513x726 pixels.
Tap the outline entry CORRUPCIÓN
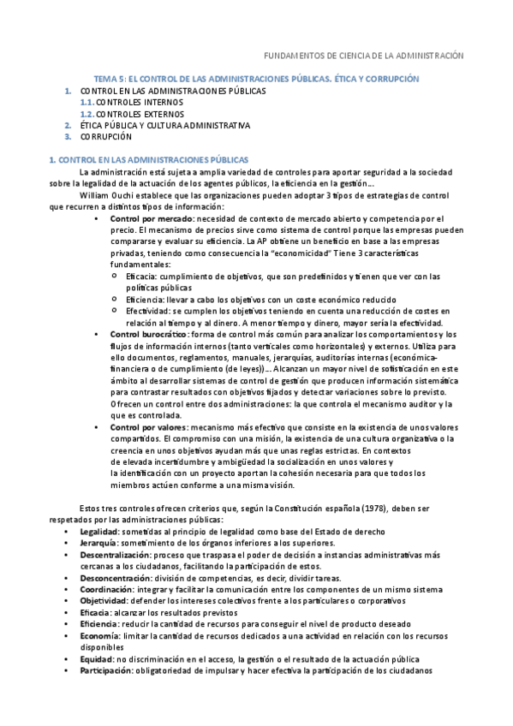tap(107, 136)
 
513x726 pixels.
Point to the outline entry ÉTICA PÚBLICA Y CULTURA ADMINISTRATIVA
tap(165, 125)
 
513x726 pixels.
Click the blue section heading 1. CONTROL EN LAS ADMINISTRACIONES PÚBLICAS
tap(150, 159)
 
